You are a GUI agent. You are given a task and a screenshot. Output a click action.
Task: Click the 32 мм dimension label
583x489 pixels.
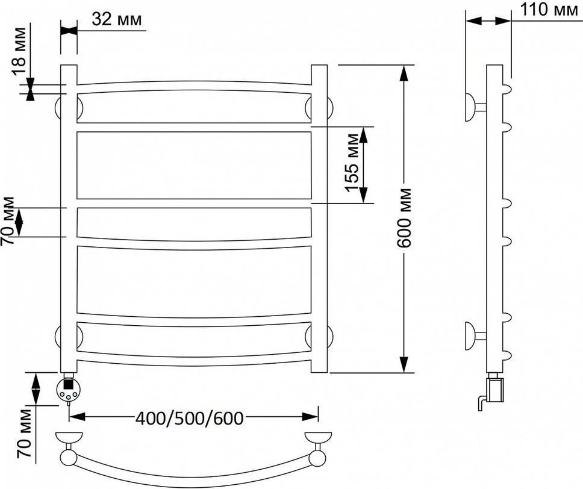117,19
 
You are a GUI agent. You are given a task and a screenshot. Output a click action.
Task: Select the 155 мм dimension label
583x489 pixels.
352,163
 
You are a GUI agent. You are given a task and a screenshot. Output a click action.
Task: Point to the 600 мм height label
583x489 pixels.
404,218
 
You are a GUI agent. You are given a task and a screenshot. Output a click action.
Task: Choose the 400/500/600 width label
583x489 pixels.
189,419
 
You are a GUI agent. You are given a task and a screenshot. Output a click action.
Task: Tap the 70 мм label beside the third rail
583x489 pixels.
8,221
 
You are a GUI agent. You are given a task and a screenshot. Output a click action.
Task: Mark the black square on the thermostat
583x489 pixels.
69,382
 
